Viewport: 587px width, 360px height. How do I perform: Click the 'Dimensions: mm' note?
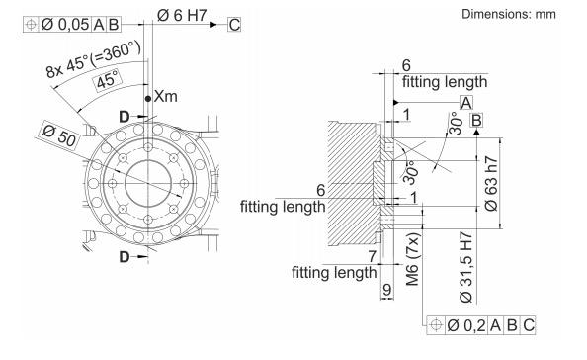(508, 14)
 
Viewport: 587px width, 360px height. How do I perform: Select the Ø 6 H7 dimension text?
(182, 16)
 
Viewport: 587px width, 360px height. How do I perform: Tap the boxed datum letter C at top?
(234, 25)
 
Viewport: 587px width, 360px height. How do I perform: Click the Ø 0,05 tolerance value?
(65, 25)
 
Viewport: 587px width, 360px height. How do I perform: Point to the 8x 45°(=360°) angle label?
(94, 59)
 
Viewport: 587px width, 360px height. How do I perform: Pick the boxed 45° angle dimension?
(108, 80)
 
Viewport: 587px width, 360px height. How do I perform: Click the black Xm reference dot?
(148, 99)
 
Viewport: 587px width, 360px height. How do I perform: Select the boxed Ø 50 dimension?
(59, 135)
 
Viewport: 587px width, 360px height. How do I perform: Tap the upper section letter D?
(124, 117)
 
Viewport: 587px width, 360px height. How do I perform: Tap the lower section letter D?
(124, 257)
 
